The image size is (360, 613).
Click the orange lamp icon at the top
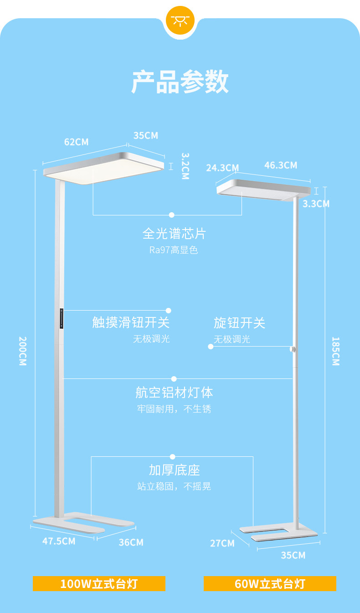180,20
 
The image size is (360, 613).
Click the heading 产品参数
180,82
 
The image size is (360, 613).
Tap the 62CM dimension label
77,142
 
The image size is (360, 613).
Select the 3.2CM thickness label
185,166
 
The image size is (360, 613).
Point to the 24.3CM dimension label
222,168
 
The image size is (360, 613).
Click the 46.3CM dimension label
281,165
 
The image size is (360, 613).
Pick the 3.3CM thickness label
316,204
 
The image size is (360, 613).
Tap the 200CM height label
23,351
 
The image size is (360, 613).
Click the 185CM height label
336,351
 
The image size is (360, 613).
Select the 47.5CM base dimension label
59,541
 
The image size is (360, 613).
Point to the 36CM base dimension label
131,542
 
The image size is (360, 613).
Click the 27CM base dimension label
222,543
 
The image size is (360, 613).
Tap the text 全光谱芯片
174,234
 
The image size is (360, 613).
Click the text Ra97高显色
174,250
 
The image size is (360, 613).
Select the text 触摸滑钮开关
131,322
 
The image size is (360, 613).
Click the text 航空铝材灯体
174,393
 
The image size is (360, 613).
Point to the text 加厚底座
174,470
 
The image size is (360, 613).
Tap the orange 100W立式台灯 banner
99,584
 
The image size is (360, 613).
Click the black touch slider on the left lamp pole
62,318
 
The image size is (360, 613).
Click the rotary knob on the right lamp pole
293,349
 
